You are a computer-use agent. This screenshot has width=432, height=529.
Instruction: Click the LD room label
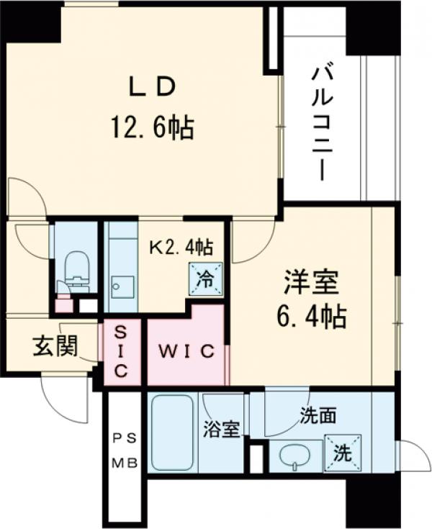[152, 86]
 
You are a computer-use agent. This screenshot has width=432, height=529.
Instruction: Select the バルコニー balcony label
[320, 123]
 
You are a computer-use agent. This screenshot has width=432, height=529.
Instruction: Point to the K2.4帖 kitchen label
[180, 248]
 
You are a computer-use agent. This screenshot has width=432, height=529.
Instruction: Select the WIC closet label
[186, 351]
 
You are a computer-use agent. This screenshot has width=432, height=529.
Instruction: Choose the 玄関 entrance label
[54, 347]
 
